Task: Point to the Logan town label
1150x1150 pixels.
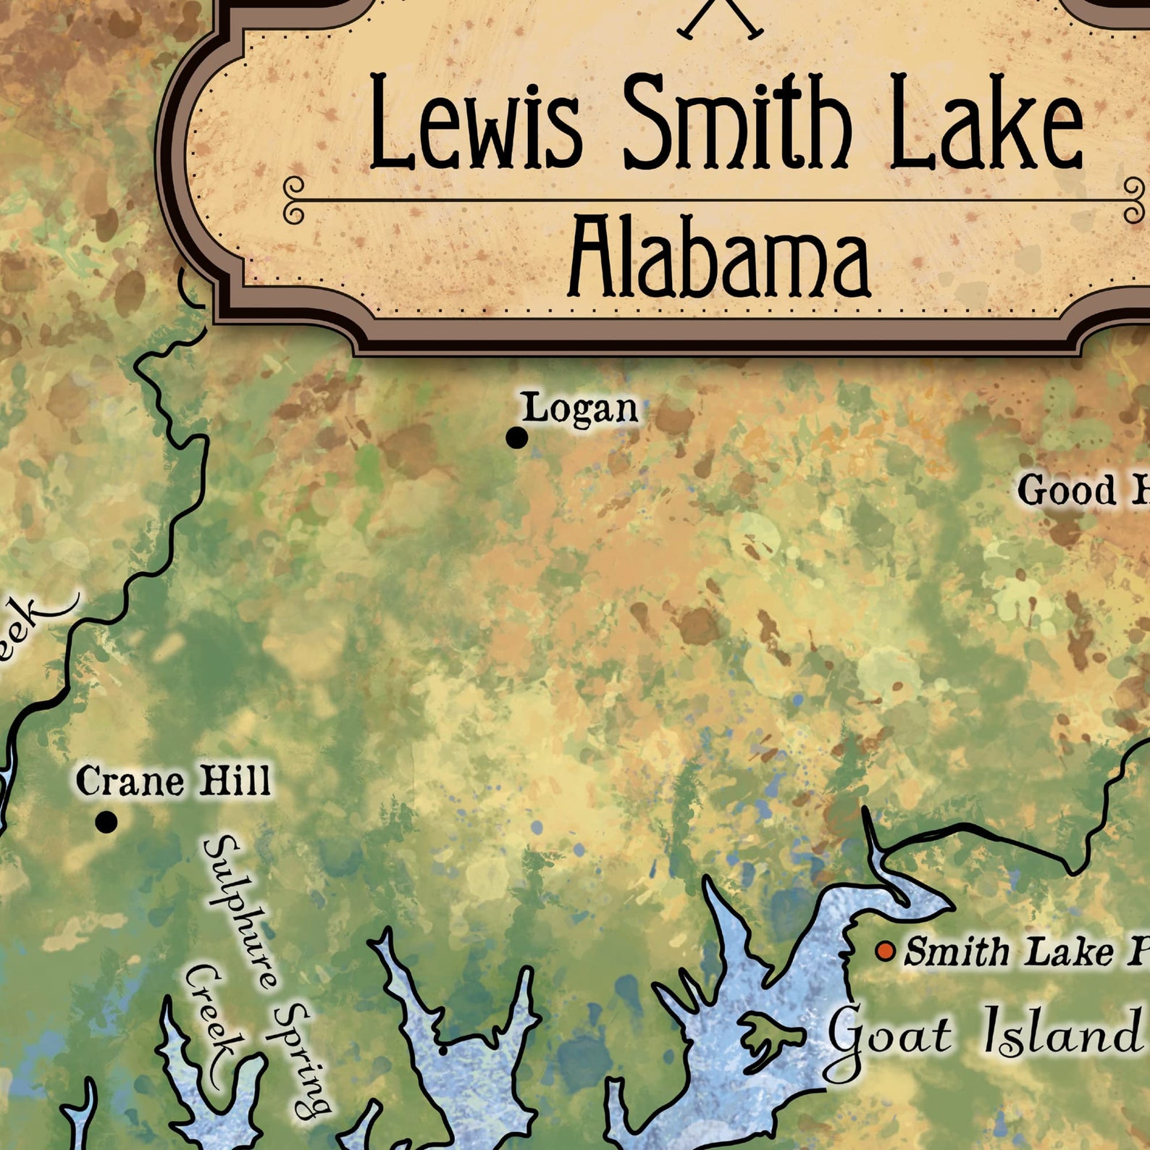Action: (580, 409)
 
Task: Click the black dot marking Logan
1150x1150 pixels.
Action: (516, 437)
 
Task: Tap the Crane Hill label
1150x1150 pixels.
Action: (173, 781)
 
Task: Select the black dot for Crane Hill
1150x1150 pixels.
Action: (106, 822)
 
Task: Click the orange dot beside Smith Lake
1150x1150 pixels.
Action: (884, 951)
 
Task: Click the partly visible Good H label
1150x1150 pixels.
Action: (1083, 492)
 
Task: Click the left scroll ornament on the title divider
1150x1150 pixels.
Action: (294, 199)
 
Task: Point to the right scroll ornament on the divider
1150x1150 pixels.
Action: (1134, 199)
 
